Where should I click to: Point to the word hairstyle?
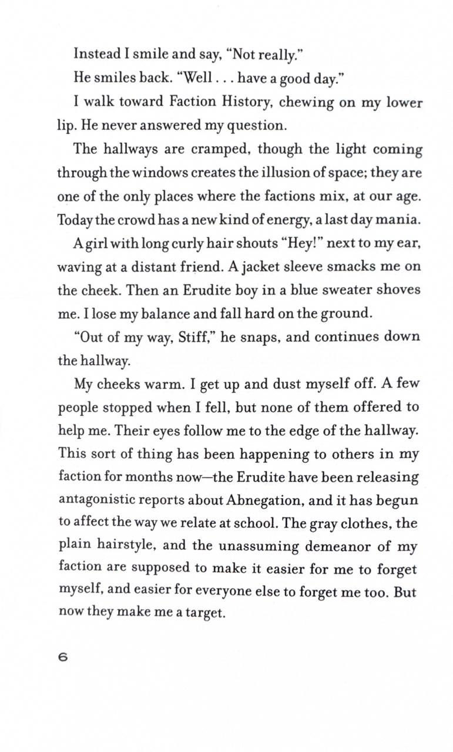click(125, 547)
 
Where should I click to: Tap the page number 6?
click(63, 657)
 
